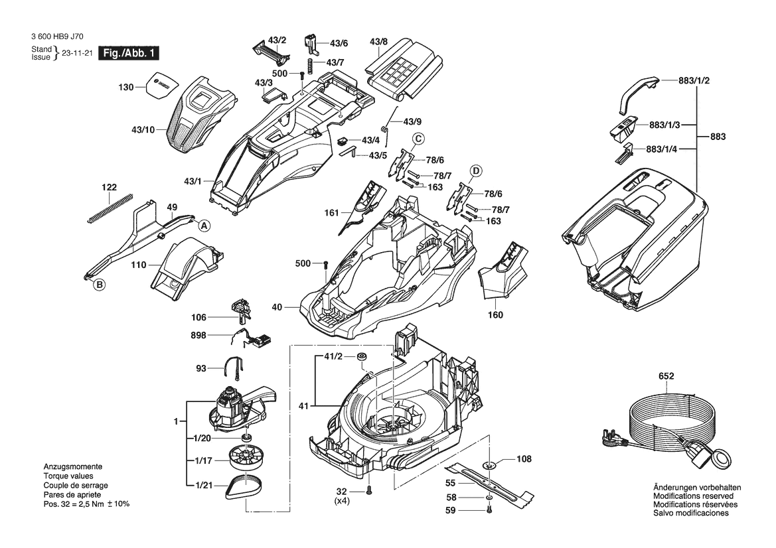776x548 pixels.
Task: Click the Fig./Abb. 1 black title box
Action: click(x=129, y=54)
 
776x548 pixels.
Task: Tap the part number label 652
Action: click(x=666, y=376)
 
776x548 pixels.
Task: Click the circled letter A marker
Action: click(x=204, y=226)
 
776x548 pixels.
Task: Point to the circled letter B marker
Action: click(x=100, y=285)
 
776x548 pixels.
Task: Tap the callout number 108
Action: click(x=524, y=459)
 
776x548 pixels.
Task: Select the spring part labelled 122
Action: click(x=111, y=208)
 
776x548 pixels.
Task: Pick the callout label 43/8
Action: click(x=378, y=42)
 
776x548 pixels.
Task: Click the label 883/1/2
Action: click(x=694, y=81)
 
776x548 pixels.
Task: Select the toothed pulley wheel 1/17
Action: click(x=244, y=458)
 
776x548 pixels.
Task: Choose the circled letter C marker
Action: click(x=418, y=139)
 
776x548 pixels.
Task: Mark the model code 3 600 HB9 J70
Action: click(x=57, y=36)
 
